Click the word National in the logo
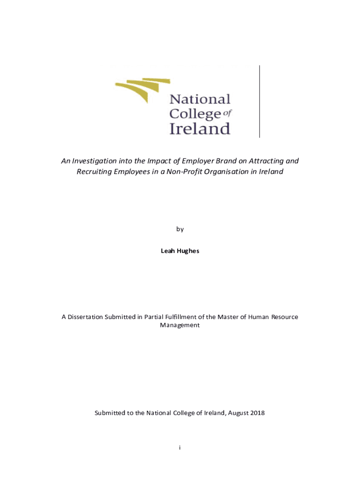(x=200, y=99)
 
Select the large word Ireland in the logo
(x=200, y=128)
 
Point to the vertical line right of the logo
(x=259, y=101)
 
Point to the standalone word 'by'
(x=180, y=229)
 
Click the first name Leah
(x=167, y=251)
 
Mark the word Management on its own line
(x=180, y=325)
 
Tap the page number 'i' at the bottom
(x=180, y=448)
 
